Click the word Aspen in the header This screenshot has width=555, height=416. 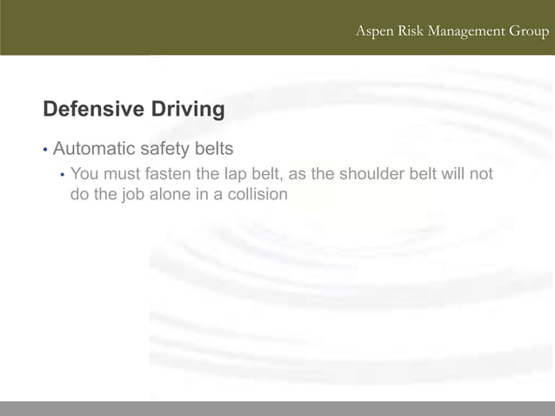point(375,32)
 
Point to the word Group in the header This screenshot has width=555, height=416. point(530,32)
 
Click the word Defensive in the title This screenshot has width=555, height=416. point(93,110)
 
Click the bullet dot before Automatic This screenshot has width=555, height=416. point(45,150)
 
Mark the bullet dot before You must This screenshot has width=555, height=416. point(62,175)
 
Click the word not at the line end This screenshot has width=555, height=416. point(481,174)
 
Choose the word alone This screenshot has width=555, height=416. point(171,194)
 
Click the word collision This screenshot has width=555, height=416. point(257,194)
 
